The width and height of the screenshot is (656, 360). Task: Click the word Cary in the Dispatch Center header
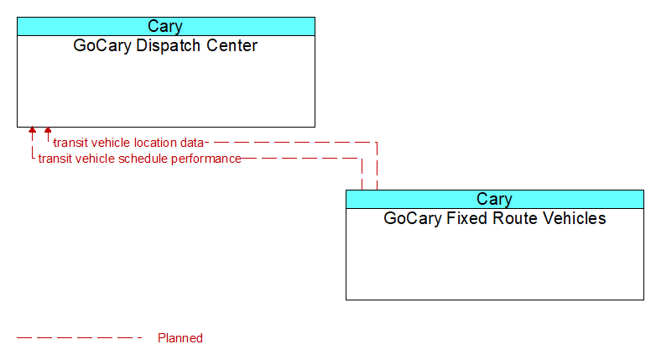click(x=165, y=26)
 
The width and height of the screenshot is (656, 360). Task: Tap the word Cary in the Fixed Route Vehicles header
click(x=494, y=199)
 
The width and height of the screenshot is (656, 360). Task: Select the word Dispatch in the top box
click(x=169, y=45)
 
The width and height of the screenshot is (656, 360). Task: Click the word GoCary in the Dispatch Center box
click(x=102, y=46)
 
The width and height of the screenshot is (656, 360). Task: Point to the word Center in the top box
click(x=232, y=45)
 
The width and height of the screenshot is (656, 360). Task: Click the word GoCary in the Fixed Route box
click(x=413, y=219)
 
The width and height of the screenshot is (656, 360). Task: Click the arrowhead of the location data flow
click(x=48, y=130)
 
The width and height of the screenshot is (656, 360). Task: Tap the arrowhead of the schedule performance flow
click(x=32, y=130)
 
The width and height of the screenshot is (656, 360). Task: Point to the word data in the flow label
click(x=192, y=143)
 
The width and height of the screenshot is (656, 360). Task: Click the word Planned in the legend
click(x=180, y=338)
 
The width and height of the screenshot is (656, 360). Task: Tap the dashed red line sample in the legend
click(x=80, y=337)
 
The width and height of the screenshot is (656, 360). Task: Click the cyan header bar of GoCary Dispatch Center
click(x=166, y=26)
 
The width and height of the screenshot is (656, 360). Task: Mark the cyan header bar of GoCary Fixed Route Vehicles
click(x=495, y=199)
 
